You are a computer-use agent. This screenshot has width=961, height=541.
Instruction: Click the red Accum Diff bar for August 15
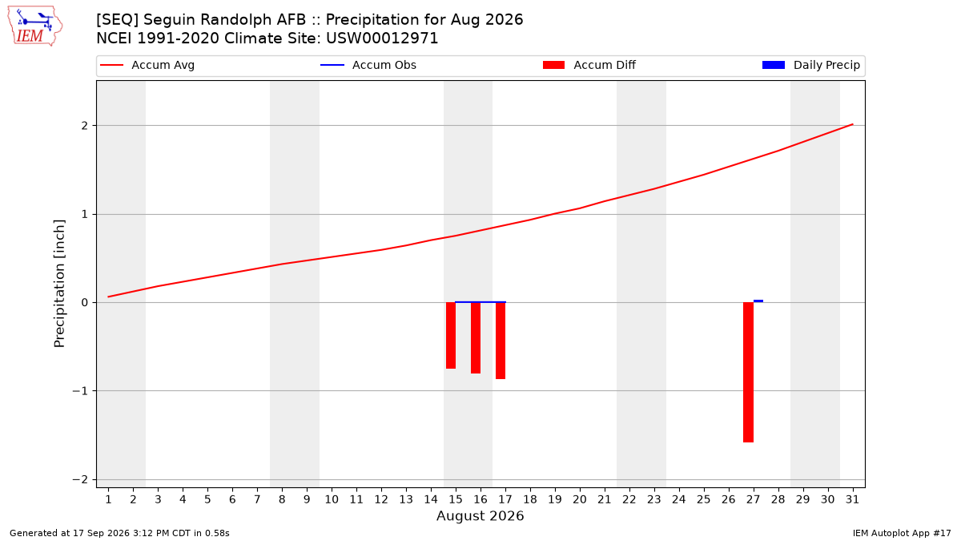450,335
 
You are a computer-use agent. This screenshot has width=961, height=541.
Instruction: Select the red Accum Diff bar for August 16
476,338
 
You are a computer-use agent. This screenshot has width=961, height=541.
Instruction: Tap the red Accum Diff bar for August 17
501,341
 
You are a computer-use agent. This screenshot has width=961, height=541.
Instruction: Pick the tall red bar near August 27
748,372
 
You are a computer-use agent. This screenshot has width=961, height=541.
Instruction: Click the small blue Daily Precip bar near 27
758,301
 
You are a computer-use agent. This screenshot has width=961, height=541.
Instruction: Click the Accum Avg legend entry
147,65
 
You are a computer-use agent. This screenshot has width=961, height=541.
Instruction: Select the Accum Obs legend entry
368,65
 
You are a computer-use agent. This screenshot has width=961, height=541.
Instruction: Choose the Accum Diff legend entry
589,65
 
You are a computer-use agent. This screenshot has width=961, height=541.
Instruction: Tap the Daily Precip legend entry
810,65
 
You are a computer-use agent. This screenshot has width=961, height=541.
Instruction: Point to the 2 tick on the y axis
85,125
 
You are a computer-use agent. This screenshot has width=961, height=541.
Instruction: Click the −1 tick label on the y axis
80,391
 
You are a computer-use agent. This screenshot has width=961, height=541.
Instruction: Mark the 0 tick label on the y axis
85,303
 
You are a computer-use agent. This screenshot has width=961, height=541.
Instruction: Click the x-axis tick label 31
852,499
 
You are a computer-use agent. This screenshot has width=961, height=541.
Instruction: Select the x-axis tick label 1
108,499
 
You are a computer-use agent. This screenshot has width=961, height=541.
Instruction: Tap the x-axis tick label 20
580,499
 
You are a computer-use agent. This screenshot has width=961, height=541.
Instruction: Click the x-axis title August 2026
480,515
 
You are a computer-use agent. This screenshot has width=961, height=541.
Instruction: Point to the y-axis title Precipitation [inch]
59,284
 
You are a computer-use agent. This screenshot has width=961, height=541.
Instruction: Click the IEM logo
34,26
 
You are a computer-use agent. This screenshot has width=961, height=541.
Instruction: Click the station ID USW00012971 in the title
382,38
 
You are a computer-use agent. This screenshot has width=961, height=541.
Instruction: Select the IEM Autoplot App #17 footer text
902,533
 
